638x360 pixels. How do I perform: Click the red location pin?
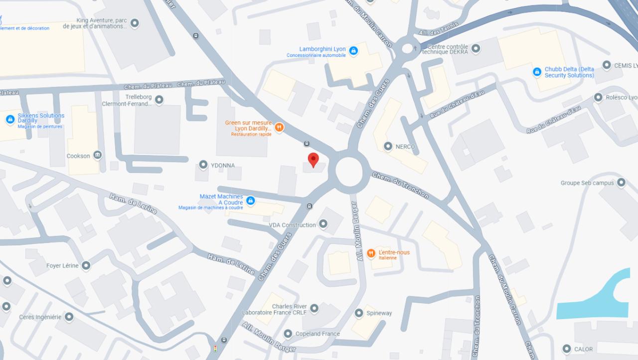313,160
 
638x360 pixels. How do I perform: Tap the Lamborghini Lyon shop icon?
353,51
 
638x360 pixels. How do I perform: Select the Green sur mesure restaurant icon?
280,127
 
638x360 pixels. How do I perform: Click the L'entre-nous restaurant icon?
371,253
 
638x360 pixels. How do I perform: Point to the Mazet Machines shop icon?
251,200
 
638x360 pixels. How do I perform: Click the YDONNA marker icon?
203,165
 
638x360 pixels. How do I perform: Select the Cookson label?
78,156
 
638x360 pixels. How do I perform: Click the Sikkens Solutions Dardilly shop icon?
10,120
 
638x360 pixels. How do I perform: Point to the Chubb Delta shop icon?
537,72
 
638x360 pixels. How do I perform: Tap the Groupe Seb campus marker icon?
621,182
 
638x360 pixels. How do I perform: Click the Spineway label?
379,313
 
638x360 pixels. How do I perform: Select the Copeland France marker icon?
288,334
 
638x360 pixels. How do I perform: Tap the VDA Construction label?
292,225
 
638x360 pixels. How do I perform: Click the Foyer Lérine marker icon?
86,265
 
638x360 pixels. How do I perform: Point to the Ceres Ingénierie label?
40,317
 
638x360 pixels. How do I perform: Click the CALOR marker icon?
566,349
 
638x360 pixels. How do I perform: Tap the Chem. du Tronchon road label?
400,185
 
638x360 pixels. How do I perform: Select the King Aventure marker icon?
135,23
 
